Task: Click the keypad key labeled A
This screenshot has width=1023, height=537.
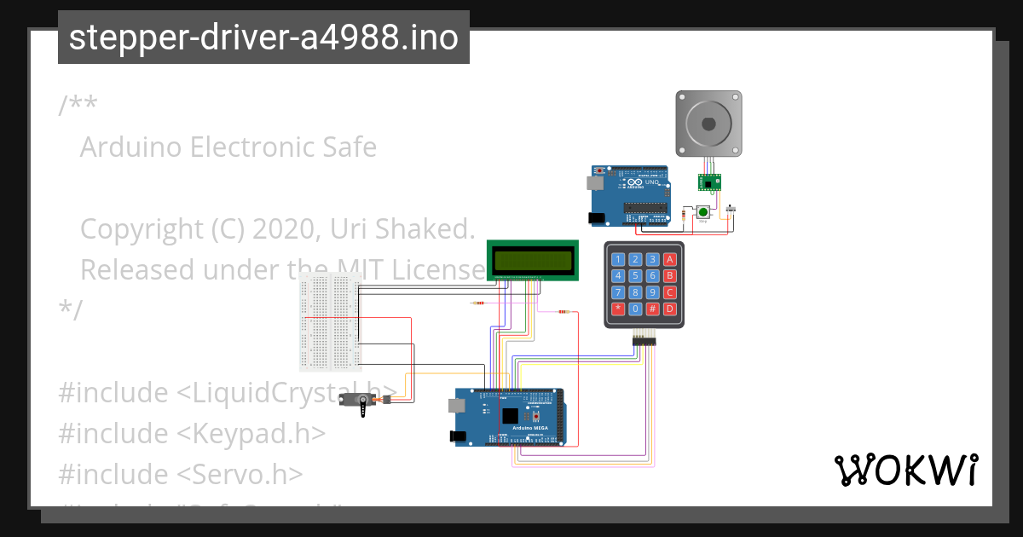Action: click(x=670, y=259)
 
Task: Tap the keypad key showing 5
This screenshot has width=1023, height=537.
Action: click(x=636, y=275)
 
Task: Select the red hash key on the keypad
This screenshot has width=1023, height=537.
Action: click(x=652, y=309)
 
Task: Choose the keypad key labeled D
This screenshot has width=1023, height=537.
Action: click(x=670, y=309)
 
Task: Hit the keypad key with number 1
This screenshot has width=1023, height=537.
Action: click(x=619, y=259)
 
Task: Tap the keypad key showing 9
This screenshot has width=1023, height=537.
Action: click(x=652, y=292)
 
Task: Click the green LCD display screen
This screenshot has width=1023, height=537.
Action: click(x=532, y=259)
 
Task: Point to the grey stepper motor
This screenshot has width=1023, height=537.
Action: click(x=708, y=124)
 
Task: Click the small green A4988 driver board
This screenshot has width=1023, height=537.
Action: click(x=709, y=183)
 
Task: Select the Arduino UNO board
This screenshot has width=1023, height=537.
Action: click(x=629, y=196)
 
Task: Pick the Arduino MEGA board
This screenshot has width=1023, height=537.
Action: click(x=508, y=417)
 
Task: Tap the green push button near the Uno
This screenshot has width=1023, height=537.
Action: click(x=704, y=212)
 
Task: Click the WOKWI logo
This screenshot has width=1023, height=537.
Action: click(x=905, y=470)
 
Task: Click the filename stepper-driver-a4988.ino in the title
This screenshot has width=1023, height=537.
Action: click(x=263, y=38)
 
